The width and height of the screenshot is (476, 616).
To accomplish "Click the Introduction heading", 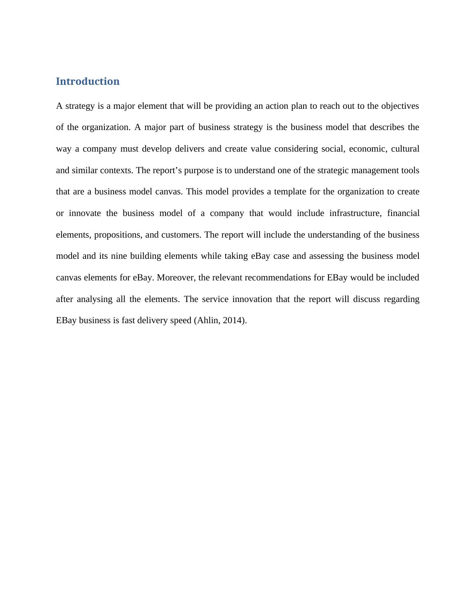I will coord(88,81).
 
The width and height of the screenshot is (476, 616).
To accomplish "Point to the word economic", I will coord(367,149).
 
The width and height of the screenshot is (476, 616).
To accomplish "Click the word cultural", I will coord(405,149).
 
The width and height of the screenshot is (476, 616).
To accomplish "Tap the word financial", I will coord(403,213).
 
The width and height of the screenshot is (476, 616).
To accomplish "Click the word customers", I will coord(180,235).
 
